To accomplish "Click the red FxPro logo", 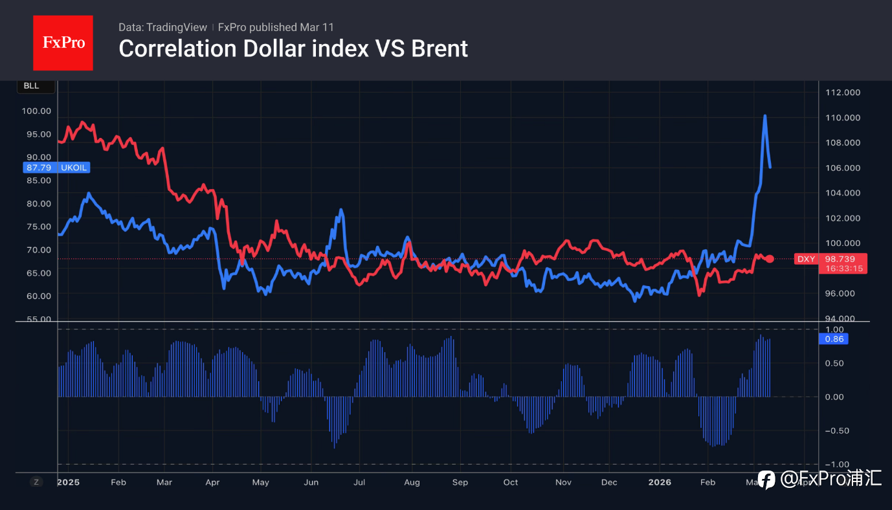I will (63, 43).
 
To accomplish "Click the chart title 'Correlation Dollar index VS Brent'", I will (293, 49).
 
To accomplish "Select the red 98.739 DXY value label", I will (840, 259).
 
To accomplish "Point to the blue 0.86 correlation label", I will (833, 338).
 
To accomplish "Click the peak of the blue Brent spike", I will (764, 116).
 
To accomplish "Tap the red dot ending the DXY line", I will (770, 259).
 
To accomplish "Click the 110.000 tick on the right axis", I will (843, 118).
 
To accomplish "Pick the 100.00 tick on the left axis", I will (36, 111).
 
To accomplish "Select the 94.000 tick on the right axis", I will (843, 318).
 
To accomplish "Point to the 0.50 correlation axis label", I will (835, 363).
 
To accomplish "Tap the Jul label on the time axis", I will (359, 482).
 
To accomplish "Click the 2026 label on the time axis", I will (660, 482).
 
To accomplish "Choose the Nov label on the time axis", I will (563, 482).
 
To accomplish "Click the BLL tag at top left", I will (31, 86).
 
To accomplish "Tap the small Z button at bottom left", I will (36, 482).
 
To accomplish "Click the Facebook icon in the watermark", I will (766, 480).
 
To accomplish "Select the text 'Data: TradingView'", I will (162, 27).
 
